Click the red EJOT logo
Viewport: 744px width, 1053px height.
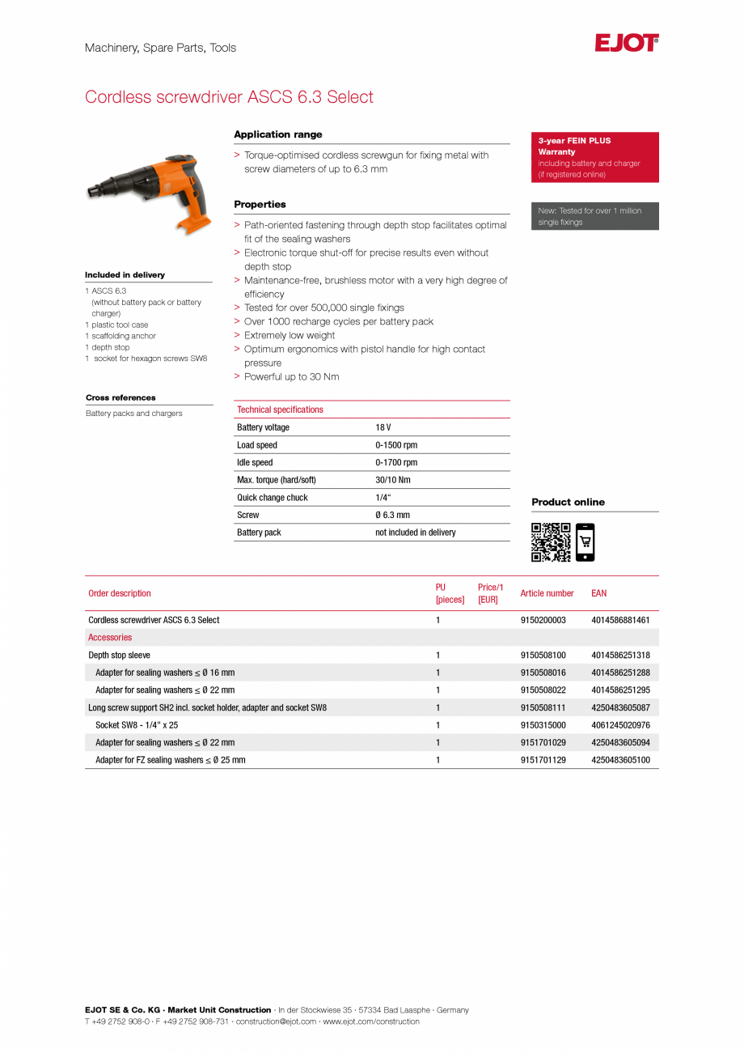point(627,43)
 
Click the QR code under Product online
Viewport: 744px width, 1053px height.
point(551,542)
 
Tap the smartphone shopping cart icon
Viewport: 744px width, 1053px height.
point(585,542)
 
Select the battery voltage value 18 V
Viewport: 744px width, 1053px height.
point(383,427)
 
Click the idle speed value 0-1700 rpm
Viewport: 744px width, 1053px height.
point(396,463)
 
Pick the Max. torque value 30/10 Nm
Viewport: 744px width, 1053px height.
point(392,480)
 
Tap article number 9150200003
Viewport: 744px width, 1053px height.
point(543,620)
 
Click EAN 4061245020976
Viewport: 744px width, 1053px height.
point(620,725)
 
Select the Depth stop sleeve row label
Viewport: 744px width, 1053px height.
point(119,656)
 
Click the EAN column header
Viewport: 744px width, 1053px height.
point(598,593)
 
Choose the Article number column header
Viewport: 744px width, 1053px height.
point(547,593)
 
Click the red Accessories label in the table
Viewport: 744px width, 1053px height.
point(110,638)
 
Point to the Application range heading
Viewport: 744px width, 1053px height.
point(277,134)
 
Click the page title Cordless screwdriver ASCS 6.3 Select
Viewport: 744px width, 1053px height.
point(229,97)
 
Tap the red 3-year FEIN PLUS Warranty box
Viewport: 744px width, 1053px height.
point(594,157)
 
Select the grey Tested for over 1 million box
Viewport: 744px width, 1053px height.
point(594,216)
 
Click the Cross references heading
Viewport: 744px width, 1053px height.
point(120,397)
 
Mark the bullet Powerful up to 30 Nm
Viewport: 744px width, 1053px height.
point(291,377)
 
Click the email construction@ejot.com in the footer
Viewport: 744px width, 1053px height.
point(276,1021)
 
